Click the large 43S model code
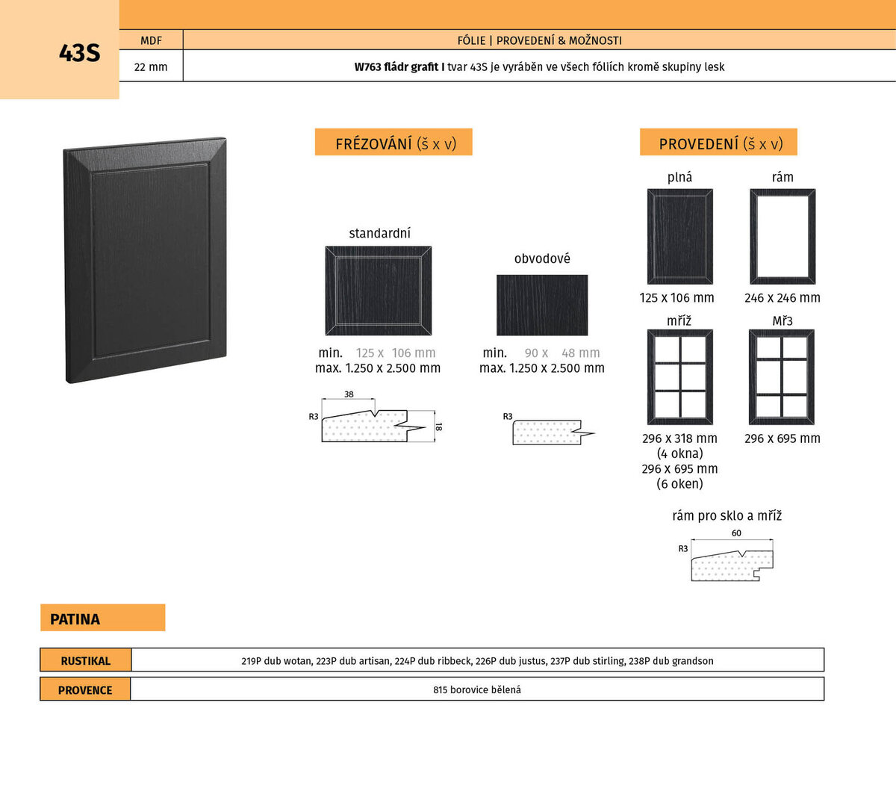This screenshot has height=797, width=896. (80, 53)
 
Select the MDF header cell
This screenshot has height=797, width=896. (152, 40)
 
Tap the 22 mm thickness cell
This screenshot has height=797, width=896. (152, 66)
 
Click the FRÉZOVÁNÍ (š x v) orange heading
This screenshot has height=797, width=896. (393, 142)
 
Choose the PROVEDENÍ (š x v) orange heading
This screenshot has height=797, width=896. (718, 142)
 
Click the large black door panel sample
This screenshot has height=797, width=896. (146, 260)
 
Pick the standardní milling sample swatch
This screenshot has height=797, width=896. (379, 291)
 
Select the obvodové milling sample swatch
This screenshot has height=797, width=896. (542, 305)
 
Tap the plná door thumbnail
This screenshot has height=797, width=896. (680, 237)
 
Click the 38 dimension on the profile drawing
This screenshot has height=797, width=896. (349, 394)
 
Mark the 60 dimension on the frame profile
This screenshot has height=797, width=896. (736, 533)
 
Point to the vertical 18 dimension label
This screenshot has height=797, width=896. (438, 427)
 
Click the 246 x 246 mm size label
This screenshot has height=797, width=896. (783, 298)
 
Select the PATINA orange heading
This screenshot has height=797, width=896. (102, 617)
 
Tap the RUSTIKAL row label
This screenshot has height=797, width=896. (86, 661)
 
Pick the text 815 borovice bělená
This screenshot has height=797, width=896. (477, 689)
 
